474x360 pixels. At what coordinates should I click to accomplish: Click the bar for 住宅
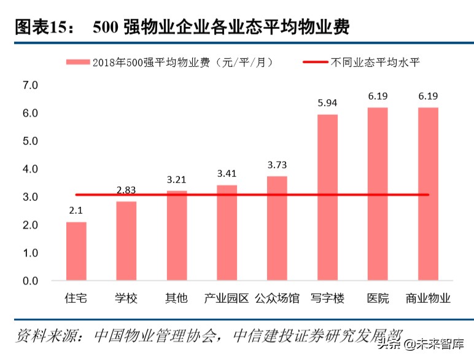pyautogui.click(x=76, y=251)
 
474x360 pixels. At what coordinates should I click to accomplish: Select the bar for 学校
pyautogui.click(x=126, y=241)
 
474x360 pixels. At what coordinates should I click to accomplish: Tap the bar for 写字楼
pyautogui.click(x=327, y=197)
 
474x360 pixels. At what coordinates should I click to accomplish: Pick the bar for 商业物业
pyautogui.click(x=428, y=194)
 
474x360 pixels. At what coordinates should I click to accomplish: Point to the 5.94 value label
pyautogui.click(x=327, y=103)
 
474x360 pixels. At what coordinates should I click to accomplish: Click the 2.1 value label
pyautogui.click(x=76, y=210)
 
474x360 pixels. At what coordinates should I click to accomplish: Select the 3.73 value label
pyautogui.click(x=277, y=165)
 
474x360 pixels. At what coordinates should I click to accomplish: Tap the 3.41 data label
pyautogui.click(x=227, y=174)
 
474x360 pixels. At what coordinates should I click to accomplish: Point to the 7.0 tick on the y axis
pyautogui.click(x=31, y=85)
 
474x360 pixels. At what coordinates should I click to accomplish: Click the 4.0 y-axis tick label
pyautogui.click(x=31, y=169)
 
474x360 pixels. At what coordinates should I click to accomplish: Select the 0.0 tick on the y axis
pyautogui.click(x=31, y=281)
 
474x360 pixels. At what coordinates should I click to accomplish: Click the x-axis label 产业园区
pyautogui.click(x=227, y=299)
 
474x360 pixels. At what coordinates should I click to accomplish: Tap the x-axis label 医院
pyautogui.click(x=378, y=299)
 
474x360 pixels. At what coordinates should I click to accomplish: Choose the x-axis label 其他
pyautogui.click(x=176, y=299)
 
